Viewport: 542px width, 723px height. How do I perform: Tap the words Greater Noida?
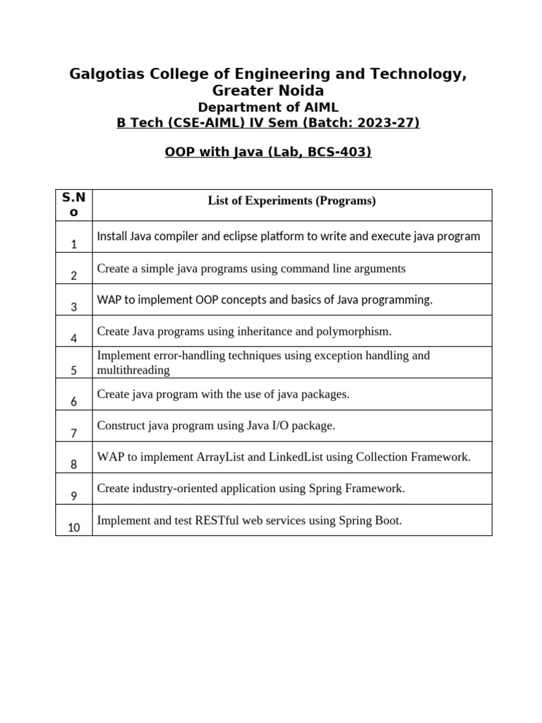pyautogui.click(x=268, y=91)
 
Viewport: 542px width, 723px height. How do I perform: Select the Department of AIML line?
pyautogui.click(x=268, y=107)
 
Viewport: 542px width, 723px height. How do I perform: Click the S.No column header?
pyautogui.click(x=73, y=205)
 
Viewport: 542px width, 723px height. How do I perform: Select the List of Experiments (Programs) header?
pyautogui.click(x=291, y=201)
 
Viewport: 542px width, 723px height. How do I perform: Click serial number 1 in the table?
pyautogui.click(x=73, y=244)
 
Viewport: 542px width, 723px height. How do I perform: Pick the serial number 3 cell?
pyautogui.click(x=73, y=307)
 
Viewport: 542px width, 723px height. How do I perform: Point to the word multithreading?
pyautogui.click(x=133, y=370)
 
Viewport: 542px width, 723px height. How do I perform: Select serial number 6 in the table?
pyautogui.click(x=73, y=402)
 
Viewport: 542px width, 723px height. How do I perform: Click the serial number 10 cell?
pyautogui.click(x=73, y=527)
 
